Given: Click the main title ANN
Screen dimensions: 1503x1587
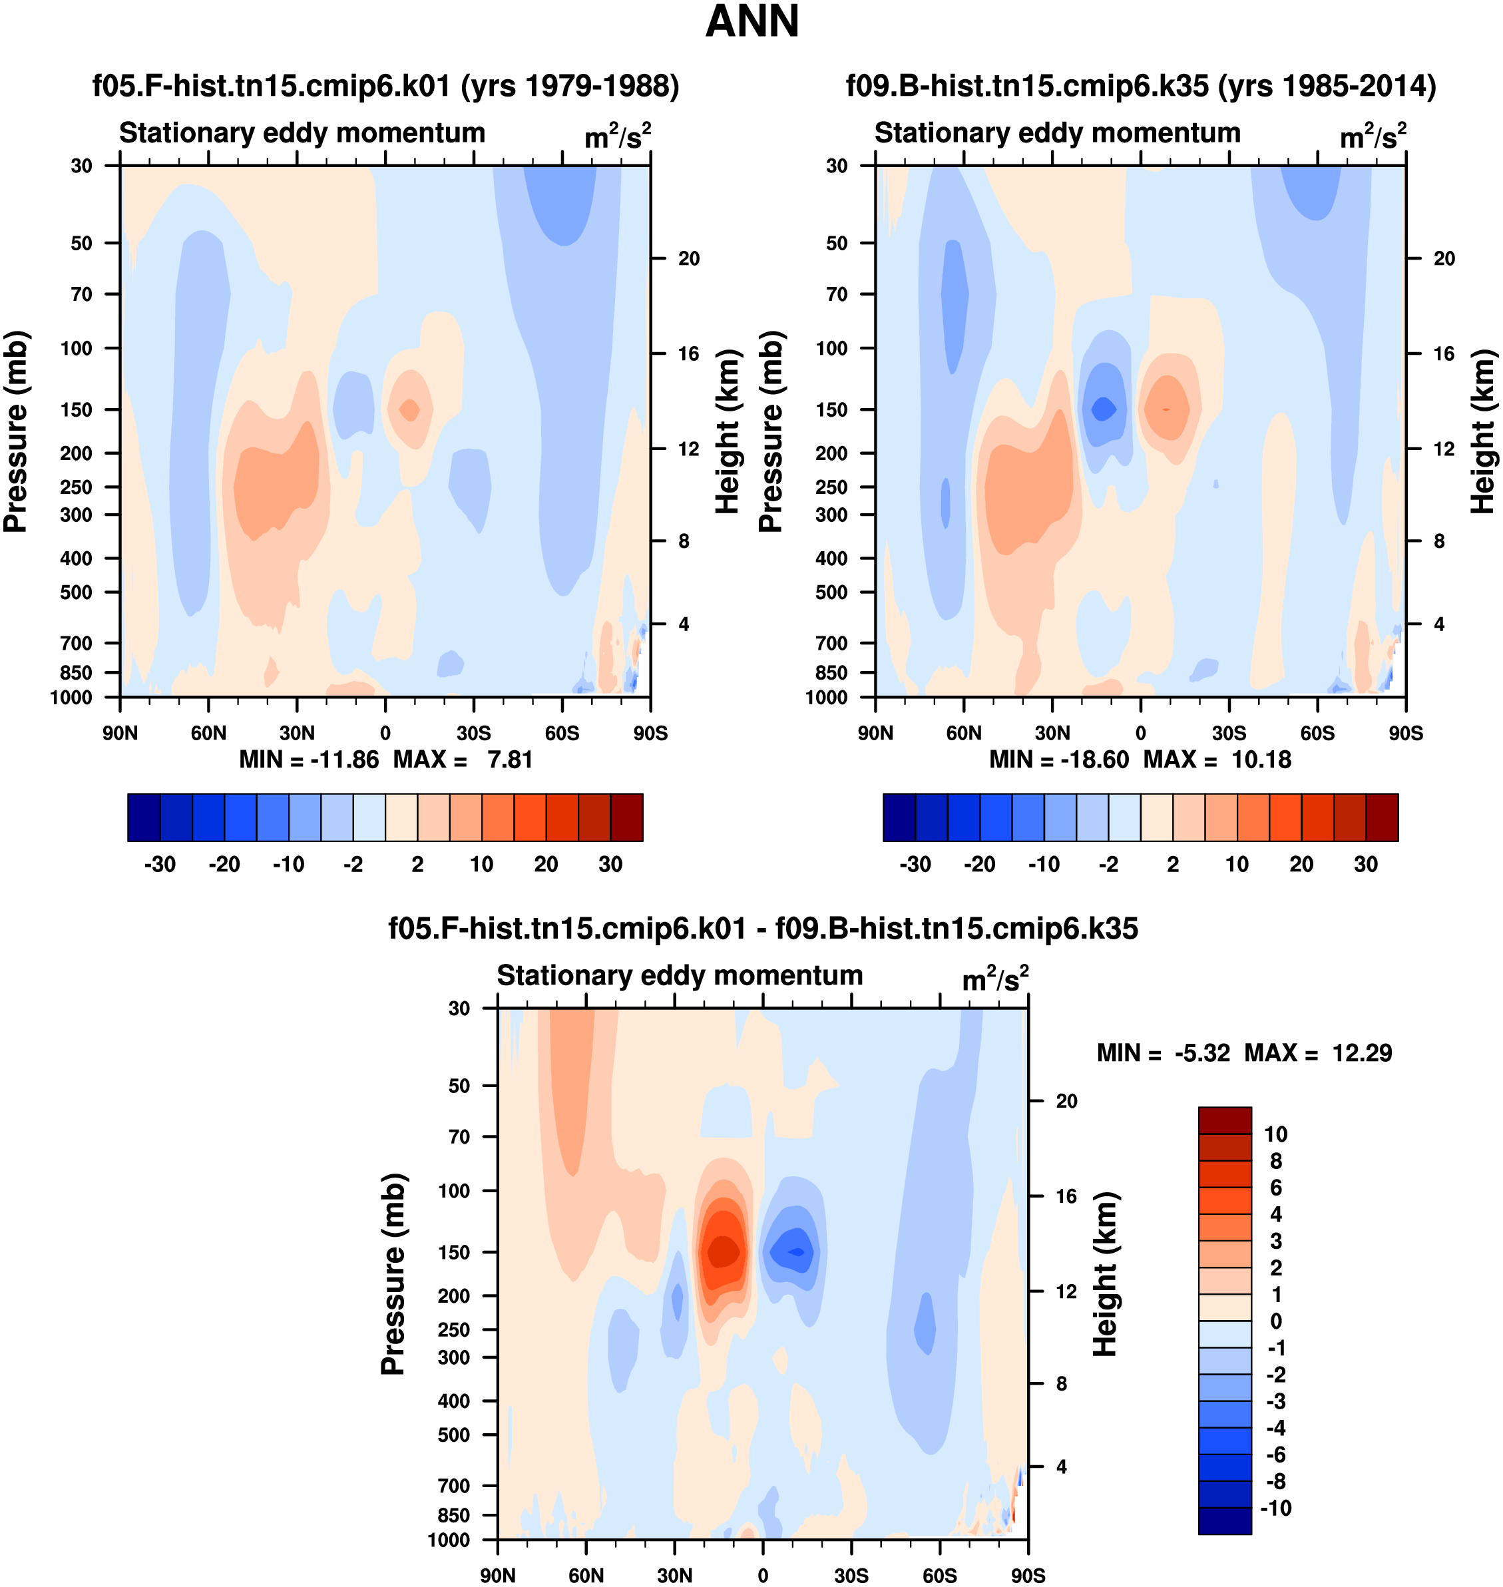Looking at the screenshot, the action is pos(751,21).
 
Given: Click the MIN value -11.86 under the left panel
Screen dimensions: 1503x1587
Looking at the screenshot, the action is pos(345,760).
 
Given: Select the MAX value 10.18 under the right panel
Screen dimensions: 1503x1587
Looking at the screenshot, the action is pos(1261,760).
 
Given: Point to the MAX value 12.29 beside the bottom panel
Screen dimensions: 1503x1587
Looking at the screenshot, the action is pos(1362,1052).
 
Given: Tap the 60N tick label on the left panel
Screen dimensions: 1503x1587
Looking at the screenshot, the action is pos(208,733).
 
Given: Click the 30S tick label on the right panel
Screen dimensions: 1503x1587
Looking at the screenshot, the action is pos(1229,733).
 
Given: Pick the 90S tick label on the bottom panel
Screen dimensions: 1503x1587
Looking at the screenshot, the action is pos(1028,1576).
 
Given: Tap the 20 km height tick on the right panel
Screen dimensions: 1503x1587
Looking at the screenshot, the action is pos(1444,258).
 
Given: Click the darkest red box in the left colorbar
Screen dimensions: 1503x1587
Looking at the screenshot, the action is pos(626,817).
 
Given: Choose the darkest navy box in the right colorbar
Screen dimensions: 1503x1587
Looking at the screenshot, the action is pos(899,817).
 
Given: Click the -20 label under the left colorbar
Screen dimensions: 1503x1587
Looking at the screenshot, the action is pos(224,865).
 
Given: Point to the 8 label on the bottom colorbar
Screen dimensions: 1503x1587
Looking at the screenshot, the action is pos(1276,1161).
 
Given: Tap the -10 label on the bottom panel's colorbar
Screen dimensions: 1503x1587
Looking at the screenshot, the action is pos(1275,1508).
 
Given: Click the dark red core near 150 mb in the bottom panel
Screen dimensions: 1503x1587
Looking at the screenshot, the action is pos(724,1252).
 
